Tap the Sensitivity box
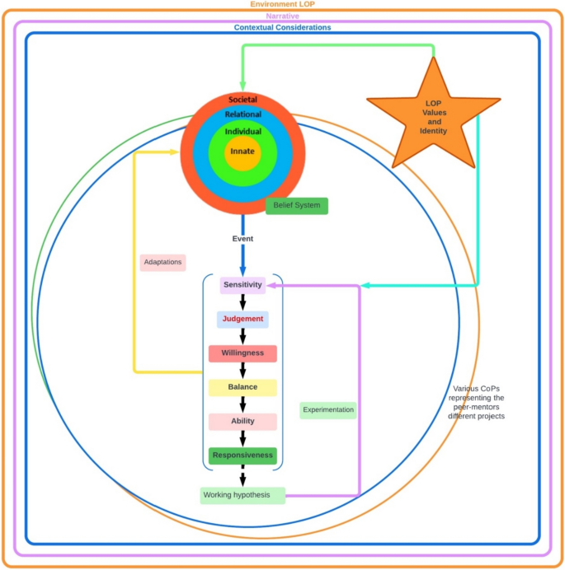242,285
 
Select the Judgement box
242,320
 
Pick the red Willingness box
242,353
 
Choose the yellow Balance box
242,387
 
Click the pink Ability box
242,421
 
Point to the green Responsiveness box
242,455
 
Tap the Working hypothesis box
242,495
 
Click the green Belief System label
297,206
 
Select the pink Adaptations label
163,262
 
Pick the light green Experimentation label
328,409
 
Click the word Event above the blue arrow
242,239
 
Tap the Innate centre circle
242,152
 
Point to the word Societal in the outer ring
242,100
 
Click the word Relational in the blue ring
242,114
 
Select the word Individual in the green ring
242,131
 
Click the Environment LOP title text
282,4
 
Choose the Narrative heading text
282,16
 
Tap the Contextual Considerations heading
282,27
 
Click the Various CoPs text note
477,402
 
